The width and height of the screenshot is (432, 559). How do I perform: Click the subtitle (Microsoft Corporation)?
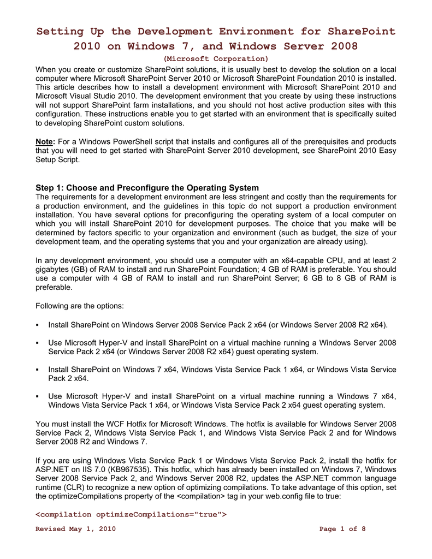(216, 58)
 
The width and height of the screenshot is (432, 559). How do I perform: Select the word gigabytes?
(55, 269)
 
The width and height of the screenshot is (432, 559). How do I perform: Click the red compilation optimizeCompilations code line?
(131, 515)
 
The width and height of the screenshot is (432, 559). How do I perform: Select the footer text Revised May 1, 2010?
(75, 529)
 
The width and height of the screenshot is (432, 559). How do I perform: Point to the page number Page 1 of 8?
(342, 529)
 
